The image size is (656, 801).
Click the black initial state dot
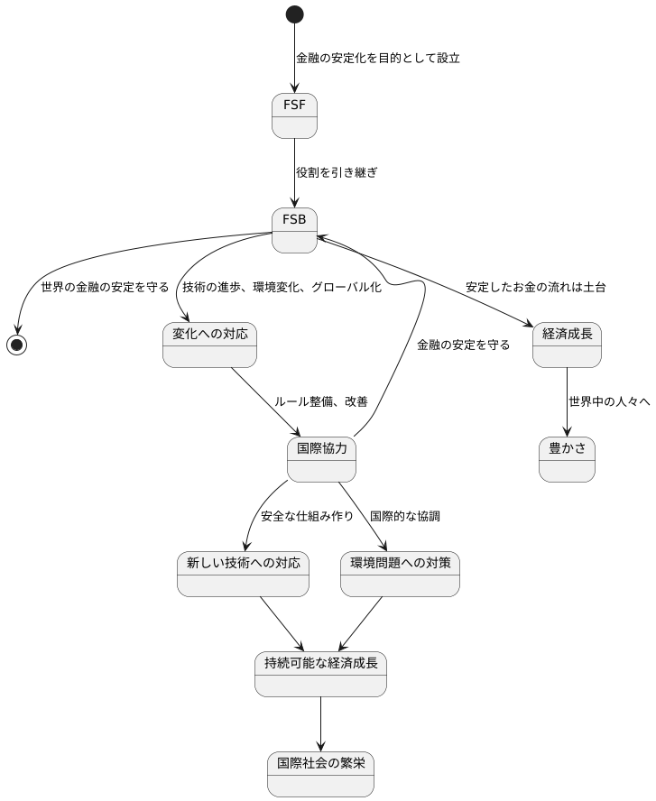pyautogui.click(x=294, y=14)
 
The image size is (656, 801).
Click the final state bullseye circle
pyautogui.click(x=16, y=345)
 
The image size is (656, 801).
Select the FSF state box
pyautogui.click(x=294, y=115)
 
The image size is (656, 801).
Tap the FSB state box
pyautogui.click(x=294, y=230)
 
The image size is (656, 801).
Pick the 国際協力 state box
pyautogui.click(x=321, y=459)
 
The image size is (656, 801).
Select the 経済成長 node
pyautogui.click(x=567, y=345)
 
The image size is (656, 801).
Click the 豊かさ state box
pyautogui.click(x=567, y=459)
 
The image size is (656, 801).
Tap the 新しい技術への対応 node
pyautogui.click(x=243, y=574)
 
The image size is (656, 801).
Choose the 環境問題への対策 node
pyautogui.click(x=400, y=574)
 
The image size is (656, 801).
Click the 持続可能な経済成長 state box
pyautogui.click(x=320, y=674)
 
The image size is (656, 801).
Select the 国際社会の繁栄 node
pyautogui.click(x=320, y=774)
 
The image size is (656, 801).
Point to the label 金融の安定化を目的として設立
pyautogui.click(x=378, y=59)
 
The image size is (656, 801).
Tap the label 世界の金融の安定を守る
pyautogui.click(x=105, y=288)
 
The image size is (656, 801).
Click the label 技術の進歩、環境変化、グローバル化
pyautogui.click(x=282, y=288)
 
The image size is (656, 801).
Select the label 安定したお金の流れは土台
pyautogui.click(x=535, y=288)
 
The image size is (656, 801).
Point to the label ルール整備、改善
pyautogui.click(x=321, y=401)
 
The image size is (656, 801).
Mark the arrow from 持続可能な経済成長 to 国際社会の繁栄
pyautogui.click(x=320, y=723)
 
